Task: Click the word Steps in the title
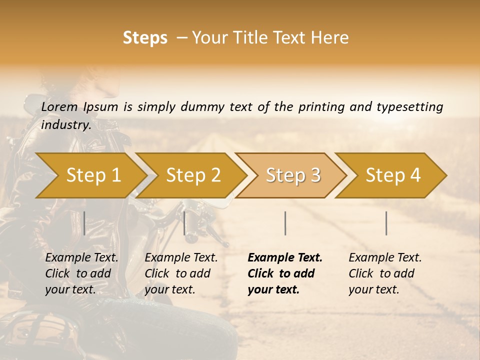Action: (x=145, y=38)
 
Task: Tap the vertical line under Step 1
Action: (x=84, y=223)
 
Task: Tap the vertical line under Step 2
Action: (x=184, y=223)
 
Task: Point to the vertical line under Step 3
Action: (x=285, y=223)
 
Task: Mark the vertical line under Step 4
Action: (x=386, y=223)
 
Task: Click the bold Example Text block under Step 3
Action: (x=284, y=273)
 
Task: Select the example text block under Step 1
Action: (x=81, y=273)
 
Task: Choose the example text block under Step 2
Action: (x=181, y=273)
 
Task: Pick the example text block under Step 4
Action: (x=385, y=273)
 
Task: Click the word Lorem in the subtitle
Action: (x=59, y=107)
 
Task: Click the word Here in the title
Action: (x=330, y=38)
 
